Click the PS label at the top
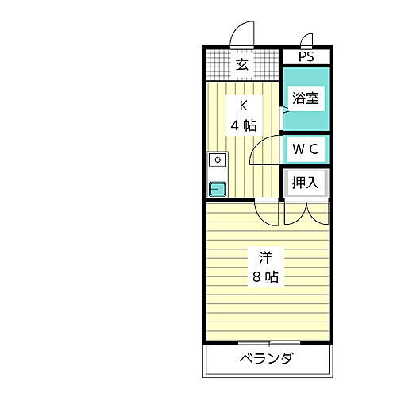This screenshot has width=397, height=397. pyautogui.click(x=306, y=57)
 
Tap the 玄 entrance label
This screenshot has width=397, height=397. pyautogui.click(x=242, y=65)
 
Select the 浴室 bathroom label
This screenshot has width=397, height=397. pyautogui.click(x=306, y=99)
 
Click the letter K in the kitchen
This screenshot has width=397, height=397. pyautogui.click(x=245, y=106)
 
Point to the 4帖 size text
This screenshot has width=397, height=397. pyautogui.click(x=245, y=125)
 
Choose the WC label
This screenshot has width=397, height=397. pyautogui.click(x=306, y=148)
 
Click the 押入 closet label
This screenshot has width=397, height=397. pyautogui.click(x=306, y=182)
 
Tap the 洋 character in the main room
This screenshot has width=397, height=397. pyautogui.click(x=265, y=257)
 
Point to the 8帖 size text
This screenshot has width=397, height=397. pyautogui.click(x=265, y=277)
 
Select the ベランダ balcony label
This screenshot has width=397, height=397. pyautogui.click(x=266, y=359)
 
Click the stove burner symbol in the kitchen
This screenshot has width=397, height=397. pyautogui.click(x=217, y=160)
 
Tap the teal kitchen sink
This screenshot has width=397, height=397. pyautogui.click(x=217, y=188)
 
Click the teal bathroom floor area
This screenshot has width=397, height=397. pyautogui.click(x=306, y=119)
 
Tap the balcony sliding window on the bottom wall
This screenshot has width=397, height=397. pyautogui.click(x=266, y=342)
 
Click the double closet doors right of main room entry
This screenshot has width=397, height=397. pyautogui.click(x=306, y=210)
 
